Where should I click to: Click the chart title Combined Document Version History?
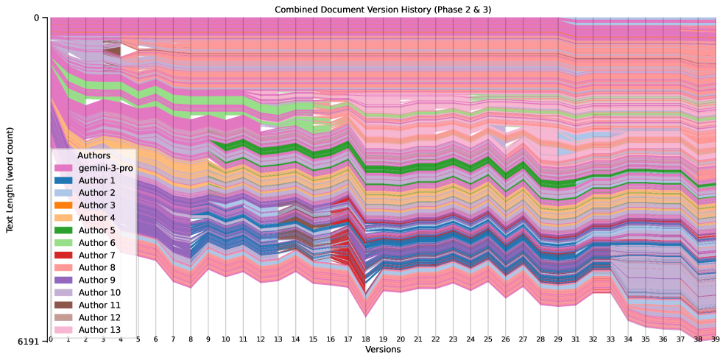pos(382,9)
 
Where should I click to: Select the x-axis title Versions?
pos(382,350)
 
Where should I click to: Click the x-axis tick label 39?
pos(716,340)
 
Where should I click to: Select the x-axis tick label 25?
pos(487,340)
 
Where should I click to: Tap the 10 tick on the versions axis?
pos(225,340)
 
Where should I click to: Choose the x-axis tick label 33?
pos(610,340)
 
